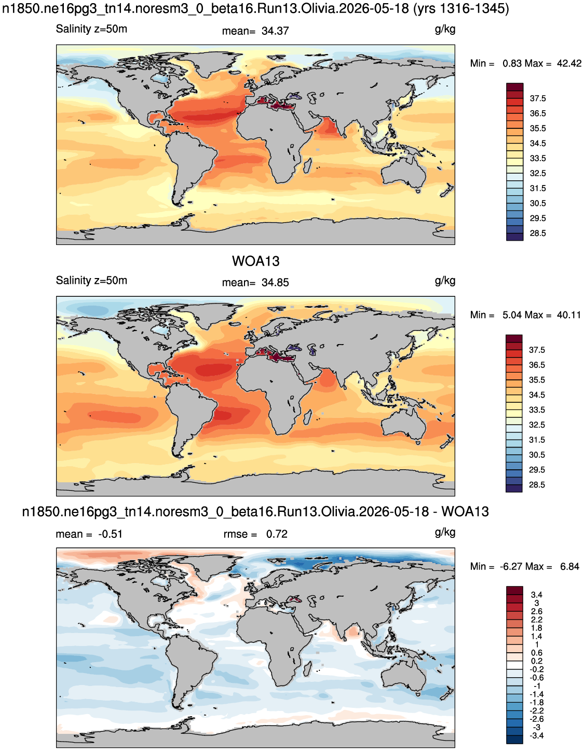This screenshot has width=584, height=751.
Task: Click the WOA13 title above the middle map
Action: pyautogui.click(x=255, y=261)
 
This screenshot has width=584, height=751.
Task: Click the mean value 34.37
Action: pyautogui.click(x=275, y=31)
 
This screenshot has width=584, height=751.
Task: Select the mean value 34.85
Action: pyautogui.click(x=275, y=283)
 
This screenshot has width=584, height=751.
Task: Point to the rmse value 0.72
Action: pyautogui.click(x=277, y=534)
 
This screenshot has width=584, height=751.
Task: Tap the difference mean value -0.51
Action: pyautogui.click(x=111, y=534)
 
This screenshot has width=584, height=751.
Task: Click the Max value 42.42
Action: pyautogui.click(x=569, y=63)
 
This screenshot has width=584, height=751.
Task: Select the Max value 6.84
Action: pyautogui.click(x=569, y=566)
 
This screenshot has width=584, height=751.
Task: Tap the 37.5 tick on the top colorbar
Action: pyautogui.click(x=538, y=99)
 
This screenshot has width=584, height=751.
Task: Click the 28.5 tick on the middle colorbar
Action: pyautogui.click(x=537, y=485)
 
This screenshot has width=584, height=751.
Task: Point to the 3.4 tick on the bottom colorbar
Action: pyautogui.click(x=536, y=595)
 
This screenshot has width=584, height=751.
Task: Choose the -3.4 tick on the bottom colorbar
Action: pyautogui.click(x=536, y=735)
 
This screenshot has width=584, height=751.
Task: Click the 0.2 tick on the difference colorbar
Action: pyautogui.click(x=536, y=661)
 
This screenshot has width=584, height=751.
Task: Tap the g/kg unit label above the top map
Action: pyautogui.click(x=445, y=30)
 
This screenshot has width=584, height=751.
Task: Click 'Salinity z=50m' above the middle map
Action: pyautogui.click(x=91, y=280)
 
